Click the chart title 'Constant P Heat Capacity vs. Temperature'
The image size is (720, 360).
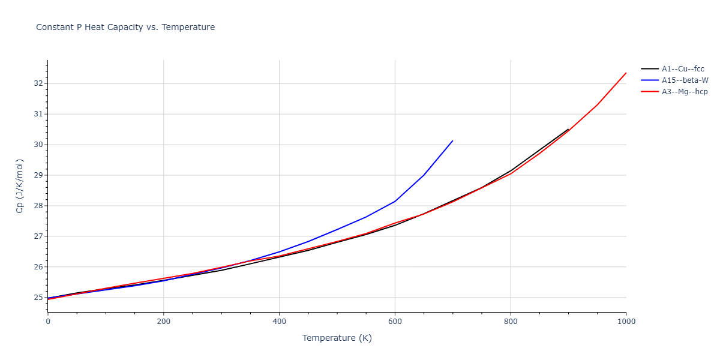[125, 27]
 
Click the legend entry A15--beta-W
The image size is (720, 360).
[685, 80]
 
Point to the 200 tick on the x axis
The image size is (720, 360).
[163, 322]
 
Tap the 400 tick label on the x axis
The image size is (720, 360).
[279, 322]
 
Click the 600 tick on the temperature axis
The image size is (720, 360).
[395, 322]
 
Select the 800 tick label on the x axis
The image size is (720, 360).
[511, 322]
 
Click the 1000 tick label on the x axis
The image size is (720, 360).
[626, 322]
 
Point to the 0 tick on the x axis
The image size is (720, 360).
[48, 322]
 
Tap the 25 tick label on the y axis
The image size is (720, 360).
[38, 298]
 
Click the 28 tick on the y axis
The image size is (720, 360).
[38, 206]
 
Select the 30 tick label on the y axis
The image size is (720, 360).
[38, 145]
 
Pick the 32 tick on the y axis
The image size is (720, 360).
[38, 83]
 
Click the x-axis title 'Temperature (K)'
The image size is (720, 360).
[337, 338]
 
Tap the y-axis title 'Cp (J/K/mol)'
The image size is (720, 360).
[20, 186]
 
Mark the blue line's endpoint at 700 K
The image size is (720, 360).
[452, 140]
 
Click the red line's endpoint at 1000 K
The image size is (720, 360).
[626, 73]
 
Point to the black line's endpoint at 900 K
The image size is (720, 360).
[568, 129]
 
